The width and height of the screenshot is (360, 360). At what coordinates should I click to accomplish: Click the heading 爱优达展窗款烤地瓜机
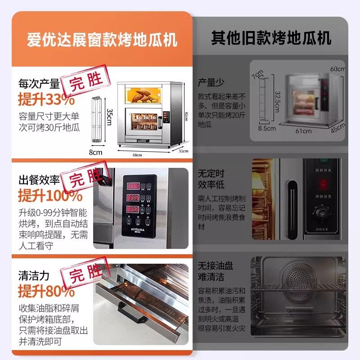pos(102,40)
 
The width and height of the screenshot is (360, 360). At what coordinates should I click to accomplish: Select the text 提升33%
pos(46,99)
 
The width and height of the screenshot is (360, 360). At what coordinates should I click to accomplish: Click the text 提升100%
pos(50,196)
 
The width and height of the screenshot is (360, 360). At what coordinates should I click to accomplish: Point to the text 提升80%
pos(46,292)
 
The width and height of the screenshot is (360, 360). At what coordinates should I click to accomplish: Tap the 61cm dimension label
pos(304,131)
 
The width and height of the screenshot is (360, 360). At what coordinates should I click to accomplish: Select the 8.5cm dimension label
pos(267,128)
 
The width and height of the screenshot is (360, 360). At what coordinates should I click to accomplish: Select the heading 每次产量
pos(39,84)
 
